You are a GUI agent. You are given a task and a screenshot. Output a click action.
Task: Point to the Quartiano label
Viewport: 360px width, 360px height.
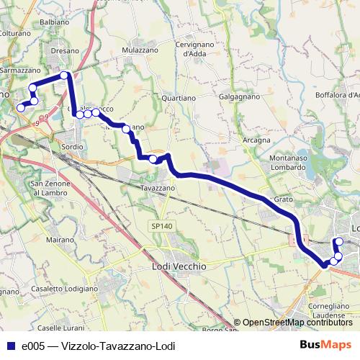tap(179, 97)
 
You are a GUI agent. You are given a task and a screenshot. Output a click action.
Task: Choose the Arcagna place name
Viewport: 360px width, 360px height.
tap(256, 140)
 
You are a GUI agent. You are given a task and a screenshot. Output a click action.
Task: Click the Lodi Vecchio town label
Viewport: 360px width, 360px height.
tap(180, 266)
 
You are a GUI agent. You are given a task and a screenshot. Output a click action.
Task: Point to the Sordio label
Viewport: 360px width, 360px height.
tap(73, 146)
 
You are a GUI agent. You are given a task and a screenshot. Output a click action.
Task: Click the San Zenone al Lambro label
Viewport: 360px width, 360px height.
tap(50, 189)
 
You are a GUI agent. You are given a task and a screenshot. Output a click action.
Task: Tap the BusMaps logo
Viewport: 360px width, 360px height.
tap(325, 345)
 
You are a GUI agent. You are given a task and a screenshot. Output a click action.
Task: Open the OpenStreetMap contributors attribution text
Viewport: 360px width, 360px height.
tap(297, 323)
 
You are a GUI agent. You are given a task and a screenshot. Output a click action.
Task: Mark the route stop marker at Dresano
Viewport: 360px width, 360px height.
tap(64, 75)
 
